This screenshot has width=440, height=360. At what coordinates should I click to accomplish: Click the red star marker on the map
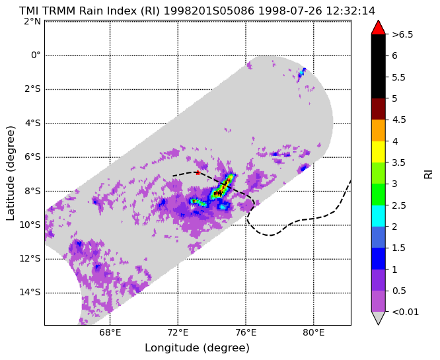(198, 172)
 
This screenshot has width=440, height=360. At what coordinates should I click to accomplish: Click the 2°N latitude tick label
(32, 21)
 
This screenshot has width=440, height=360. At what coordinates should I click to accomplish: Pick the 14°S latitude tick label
(30, 293)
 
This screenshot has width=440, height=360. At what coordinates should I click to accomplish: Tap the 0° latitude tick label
(36, 55)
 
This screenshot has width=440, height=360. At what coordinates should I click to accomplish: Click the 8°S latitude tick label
(32, 191)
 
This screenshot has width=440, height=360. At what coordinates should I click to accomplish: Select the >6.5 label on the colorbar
(403, 34)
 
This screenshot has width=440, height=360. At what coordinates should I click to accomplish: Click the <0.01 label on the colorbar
(405, 312)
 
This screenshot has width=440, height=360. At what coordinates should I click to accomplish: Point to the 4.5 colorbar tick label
(399, 120)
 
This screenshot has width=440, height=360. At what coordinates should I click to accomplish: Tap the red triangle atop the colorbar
(379, 27)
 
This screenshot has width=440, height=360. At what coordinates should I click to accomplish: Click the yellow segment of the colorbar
(379, 152)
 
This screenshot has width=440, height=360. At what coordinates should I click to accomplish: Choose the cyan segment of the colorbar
(379, 216)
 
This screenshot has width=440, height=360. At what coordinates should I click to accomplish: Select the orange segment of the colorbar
(379, 131)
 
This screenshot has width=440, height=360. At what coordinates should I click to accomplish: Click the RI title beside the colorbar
(428, 173)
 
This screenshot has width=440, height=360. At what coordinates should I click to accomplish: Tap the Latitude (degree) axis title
(11, 173)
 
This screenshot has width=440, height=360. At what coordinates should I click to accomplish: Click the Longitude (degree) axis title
(197, 348)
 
